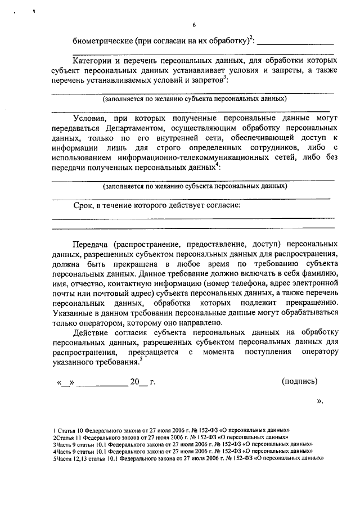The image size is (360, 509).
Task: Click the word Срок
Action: [84, 206]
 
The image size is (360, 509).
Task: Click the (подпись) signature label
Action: [299, 381]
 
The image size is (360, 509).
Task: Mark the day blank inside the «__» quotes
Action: [66, 382]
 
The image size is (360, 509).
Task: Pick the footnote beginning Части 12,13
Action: [188, 458]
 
